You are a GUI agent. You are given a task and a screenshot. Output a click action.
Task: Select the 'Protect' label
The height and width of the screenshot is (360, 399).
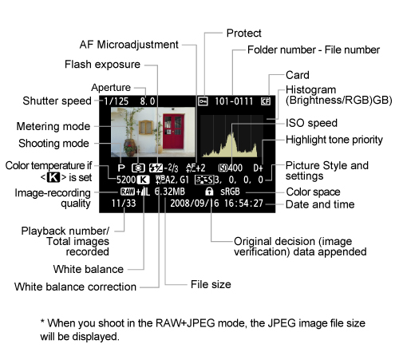[x=243, y=33]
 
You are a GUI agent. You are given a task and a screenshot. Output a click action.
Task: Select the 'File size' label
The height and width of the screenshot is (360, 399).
[x=211, y=283]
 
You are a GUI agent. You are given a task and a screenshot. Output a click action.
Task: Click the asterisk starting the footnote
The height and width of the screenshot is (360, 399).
[x=43, y=322]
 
